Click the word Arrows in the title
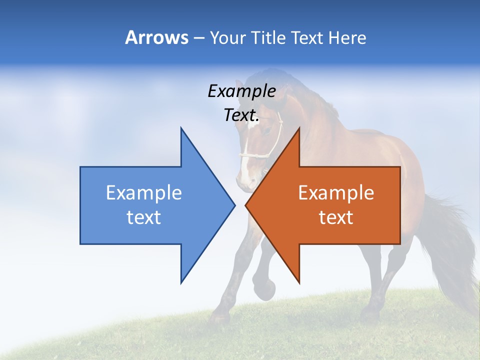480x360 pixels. pos(157,37)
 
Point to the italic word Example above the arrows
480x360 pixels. pos(241,91)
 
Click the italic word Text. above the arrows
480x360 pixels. pos(241,115)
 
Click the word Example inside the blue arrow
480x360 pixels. pos(144,193)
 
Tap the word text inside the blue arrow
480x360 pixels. pos(144,217)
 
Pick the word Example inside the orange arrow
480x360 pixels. pos(336,193)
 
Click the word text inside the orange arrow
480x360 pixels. pos(336,217)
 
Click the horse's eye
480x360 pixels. pos(268,131)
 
